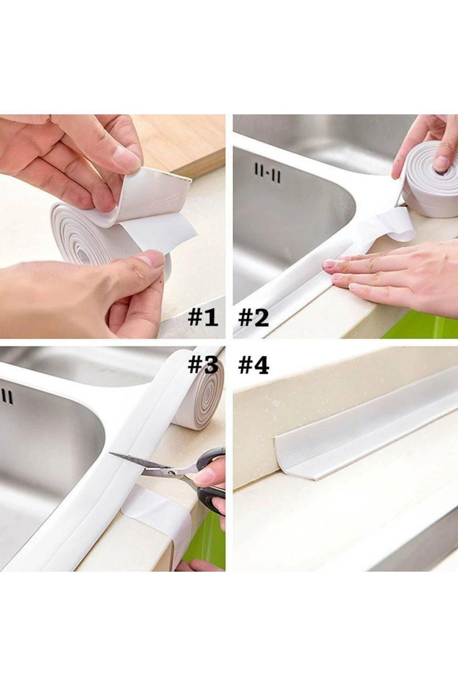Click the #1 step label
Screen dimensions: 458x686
tap(203, 318)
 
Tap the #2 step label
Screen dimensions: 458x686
tap(254, 318)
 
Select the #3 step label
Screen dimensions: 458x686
tap(203, 365)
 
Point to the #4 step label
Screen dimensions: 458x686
tap(254, 365)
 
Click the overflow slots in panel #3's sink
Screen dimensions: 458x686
tap(7, 397)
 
